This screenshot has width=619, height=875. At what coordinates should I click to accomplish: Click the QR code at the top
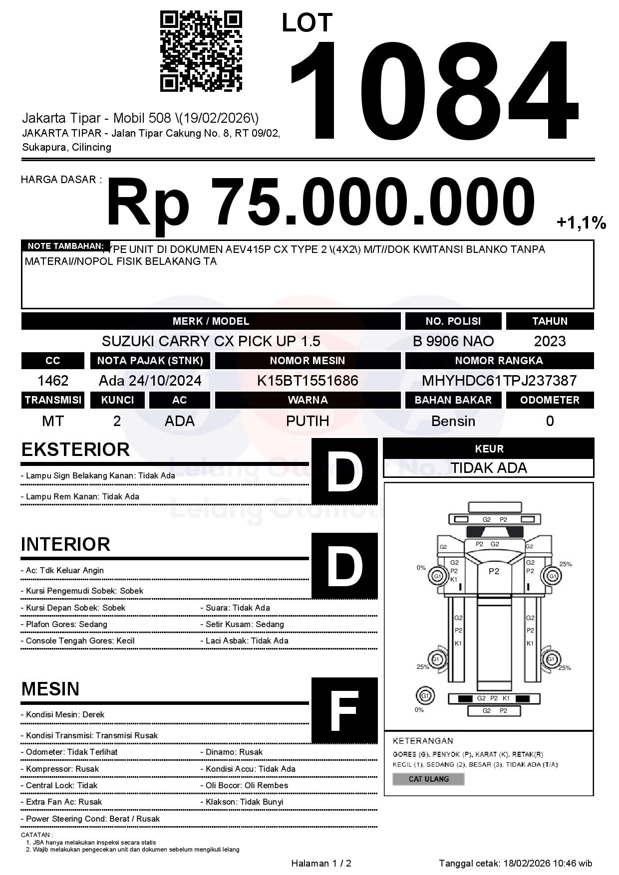(x=201, y=51)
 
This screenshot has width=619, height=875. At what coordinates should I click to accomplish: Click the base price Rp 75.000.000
(x=320, y=204)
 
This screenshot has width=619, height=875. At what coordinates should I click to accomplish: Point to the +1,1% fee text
(x=581, y=222)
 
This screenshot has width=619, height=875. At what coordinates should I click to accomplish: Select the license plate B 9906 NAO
(x=453, y=341)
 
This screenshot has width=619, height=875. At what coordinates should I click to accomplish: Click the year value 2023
(x=550, y=341)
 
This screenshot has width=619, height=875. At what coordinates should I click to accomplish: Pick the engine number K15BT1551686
(x=308, y=381)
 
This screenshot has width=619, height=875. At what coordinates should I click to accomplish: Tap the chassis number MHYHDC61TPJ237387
(x=499, y=381)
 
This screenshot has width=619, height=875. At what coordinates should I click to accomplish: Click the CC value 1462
(x=53, y=381)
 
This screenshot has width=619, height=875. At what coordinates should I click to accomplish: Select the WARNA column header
(x=308, y=400)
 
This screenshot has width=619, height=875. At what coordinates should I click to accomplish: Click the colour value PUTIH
(x=308, y=421)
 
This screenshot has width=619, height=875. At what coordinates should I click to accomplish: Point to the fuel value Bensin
(x=453, y=421)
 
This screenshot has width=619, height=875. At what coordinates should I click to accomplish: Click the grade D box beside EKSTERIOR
(x=344, y=471)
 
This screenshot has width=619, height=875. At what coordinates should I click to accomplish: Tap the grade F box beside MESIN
(x=344, y=710)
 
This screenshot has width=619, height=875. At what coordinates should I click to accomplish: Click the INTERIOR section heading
(x=65, y=544)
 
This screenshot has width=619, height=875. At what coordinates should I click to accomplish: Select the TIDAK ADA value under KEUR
(x=488, y=468)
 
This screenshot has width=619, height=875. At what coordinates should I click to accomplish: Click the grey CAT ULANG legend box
(x=428, y=779)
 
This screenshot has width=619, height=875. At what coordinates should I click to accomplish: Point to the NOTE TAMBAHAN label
(x=65, y=246)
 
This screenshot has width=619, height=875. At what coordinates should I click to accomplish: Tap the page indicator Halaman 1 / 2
(x=321, y=863)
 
